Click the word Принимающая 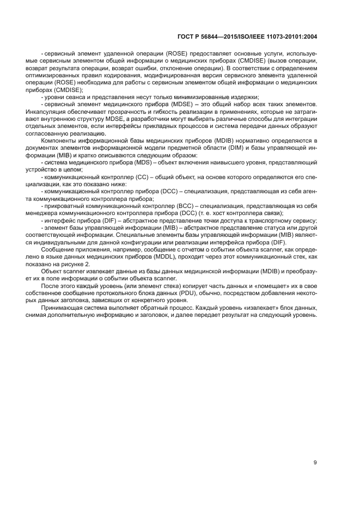pyautogui.click(x=62, y=308)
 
